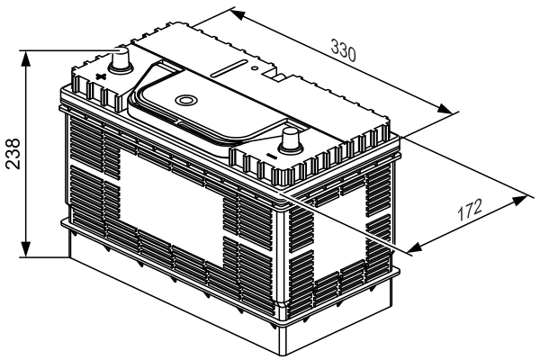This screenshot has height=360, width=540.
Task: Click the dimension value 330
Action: [343, 51]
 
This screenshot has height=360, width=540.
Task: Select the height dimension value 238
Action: [13, 154]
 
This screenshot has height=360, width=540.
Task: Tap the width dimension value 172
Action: [470, 210]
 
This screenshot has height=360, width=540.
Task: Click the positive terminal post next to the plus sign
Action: [121, 60]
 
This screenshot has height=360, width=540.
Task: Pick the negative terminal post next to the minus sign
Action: [291, 141]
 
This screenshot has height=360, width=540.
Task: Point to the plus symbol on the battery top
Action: [100, 76]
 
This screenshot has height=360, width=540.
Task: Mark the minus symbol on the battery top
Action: [272, 157]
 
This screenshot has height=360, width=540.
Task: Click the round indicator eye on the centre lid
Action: [186, 100]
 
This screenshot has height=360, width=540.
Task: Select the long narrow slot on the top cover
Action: [229, 68]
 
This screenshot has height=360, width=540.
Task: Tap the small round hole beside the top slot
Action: [254, 67]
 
